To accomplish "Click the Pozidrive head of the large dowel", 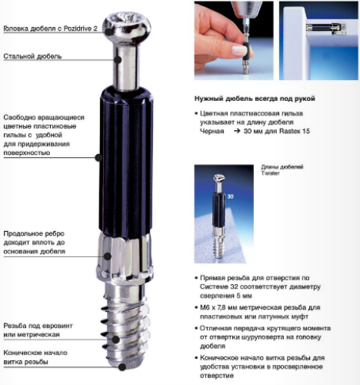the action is (127, 25).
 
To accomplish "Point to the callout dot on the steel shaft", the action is (118, 59).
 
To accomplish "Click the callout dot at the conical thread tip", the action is (122, 367).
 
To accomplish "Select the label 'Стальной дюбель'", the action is (32, 56).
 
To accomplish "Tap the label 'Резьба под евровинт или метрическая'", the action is (38, 330).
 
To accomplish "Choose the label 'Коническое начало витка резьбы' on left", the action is (35, 357).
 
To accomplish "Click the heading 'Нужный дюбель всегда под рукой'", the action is (255, 99).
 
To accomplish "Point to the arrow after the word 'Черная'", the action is (237, 131).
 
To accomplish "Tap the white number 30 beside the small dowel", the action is (230, 196).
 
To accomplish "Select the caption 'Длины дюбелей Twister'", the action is (282, 170).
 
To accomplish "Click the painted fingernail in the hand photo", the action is (240, 50).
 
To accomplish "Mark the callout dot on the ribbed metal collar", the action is (108, 256).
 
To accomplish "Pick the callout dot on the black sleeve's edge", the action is (98, 157).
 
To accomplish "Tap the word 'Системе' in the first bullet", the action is (213, 286).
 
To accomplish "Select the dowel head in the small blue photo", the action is (218, 177).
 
